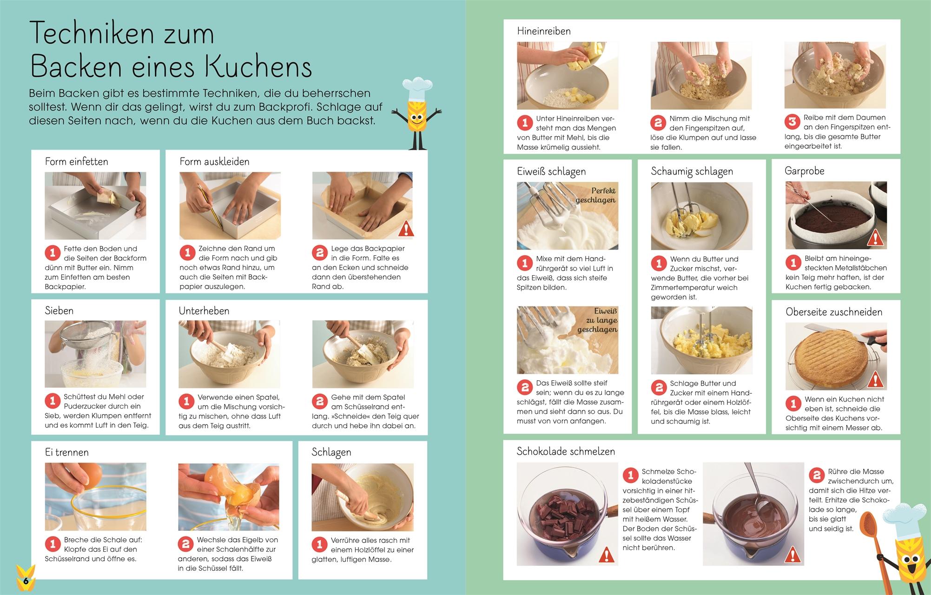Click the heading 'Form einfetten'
76,161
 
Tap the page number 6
26,581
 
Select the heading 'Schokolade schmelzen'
566,451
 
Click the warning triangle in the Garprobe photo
875,238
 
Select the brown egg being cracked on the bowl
91,474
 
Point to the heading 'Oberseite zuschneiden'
834,312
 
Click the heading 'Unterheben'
204,311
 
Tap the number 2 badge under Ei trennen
185,543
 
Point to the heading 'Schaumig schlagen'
692,172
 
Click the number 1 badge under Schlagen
319,544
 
